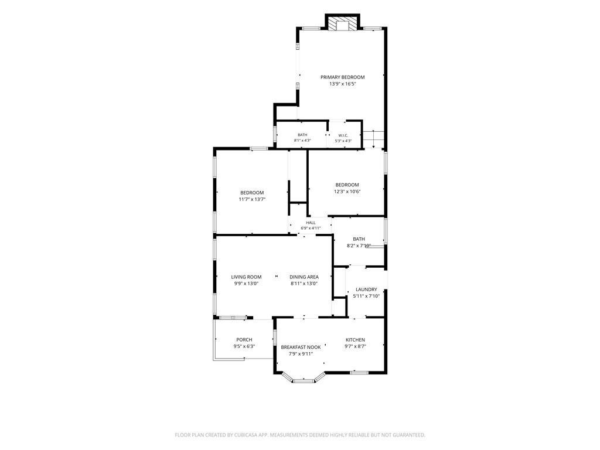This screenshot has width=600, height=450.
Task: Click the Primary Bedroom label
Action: [x=342, y=77]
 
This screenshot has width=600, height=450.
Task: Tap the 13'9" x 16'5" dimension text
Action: [x=343, y=84]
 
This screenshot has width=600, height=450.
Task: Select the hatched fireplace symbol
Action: [x=342, y=23]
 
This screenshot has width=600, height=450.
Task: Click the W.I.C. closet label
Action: [x=343, y=135]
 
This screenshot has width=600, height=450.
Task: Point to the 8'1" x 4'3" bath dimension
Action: [x=302, y=141]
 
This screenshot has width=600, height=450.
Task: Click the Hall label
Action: [x=311, y=222]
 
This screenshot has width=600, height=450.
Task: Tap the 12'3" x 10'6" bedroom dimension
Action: [x=347, y=192]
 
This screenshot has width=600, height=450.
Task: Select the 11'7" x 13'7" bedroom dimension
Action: [x=252, y=199]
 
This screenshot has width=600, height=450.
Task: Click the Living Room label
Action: [x=246, y=277]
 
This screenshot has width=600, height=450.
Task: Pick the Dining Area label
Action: [x=304, y=277]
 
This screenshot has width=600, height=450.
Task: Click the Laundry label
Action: [x=366, y=289]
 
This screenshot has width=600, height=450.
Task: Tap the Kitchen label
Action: [x=355, y=340]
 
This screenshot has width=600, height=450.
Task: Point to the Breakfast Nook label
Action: [x=301, y=347]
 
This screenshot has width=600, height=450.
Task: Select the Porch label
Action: [x=244, y=339]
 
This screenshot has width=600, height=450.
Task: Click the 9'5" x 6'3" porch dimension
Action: [x=244, y=346]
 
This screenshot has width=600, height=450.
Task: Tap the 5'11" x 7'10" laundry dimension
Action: [x=366, y=296]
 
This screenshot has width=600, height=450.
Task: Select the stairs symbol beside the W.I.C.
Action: [x=373, y=139]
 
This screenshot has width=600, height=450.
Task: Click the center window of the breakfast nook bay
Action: [x=304, y=381]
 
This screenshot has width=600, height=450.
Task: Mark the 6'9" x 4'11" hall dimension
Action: [x=311, y=228]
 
